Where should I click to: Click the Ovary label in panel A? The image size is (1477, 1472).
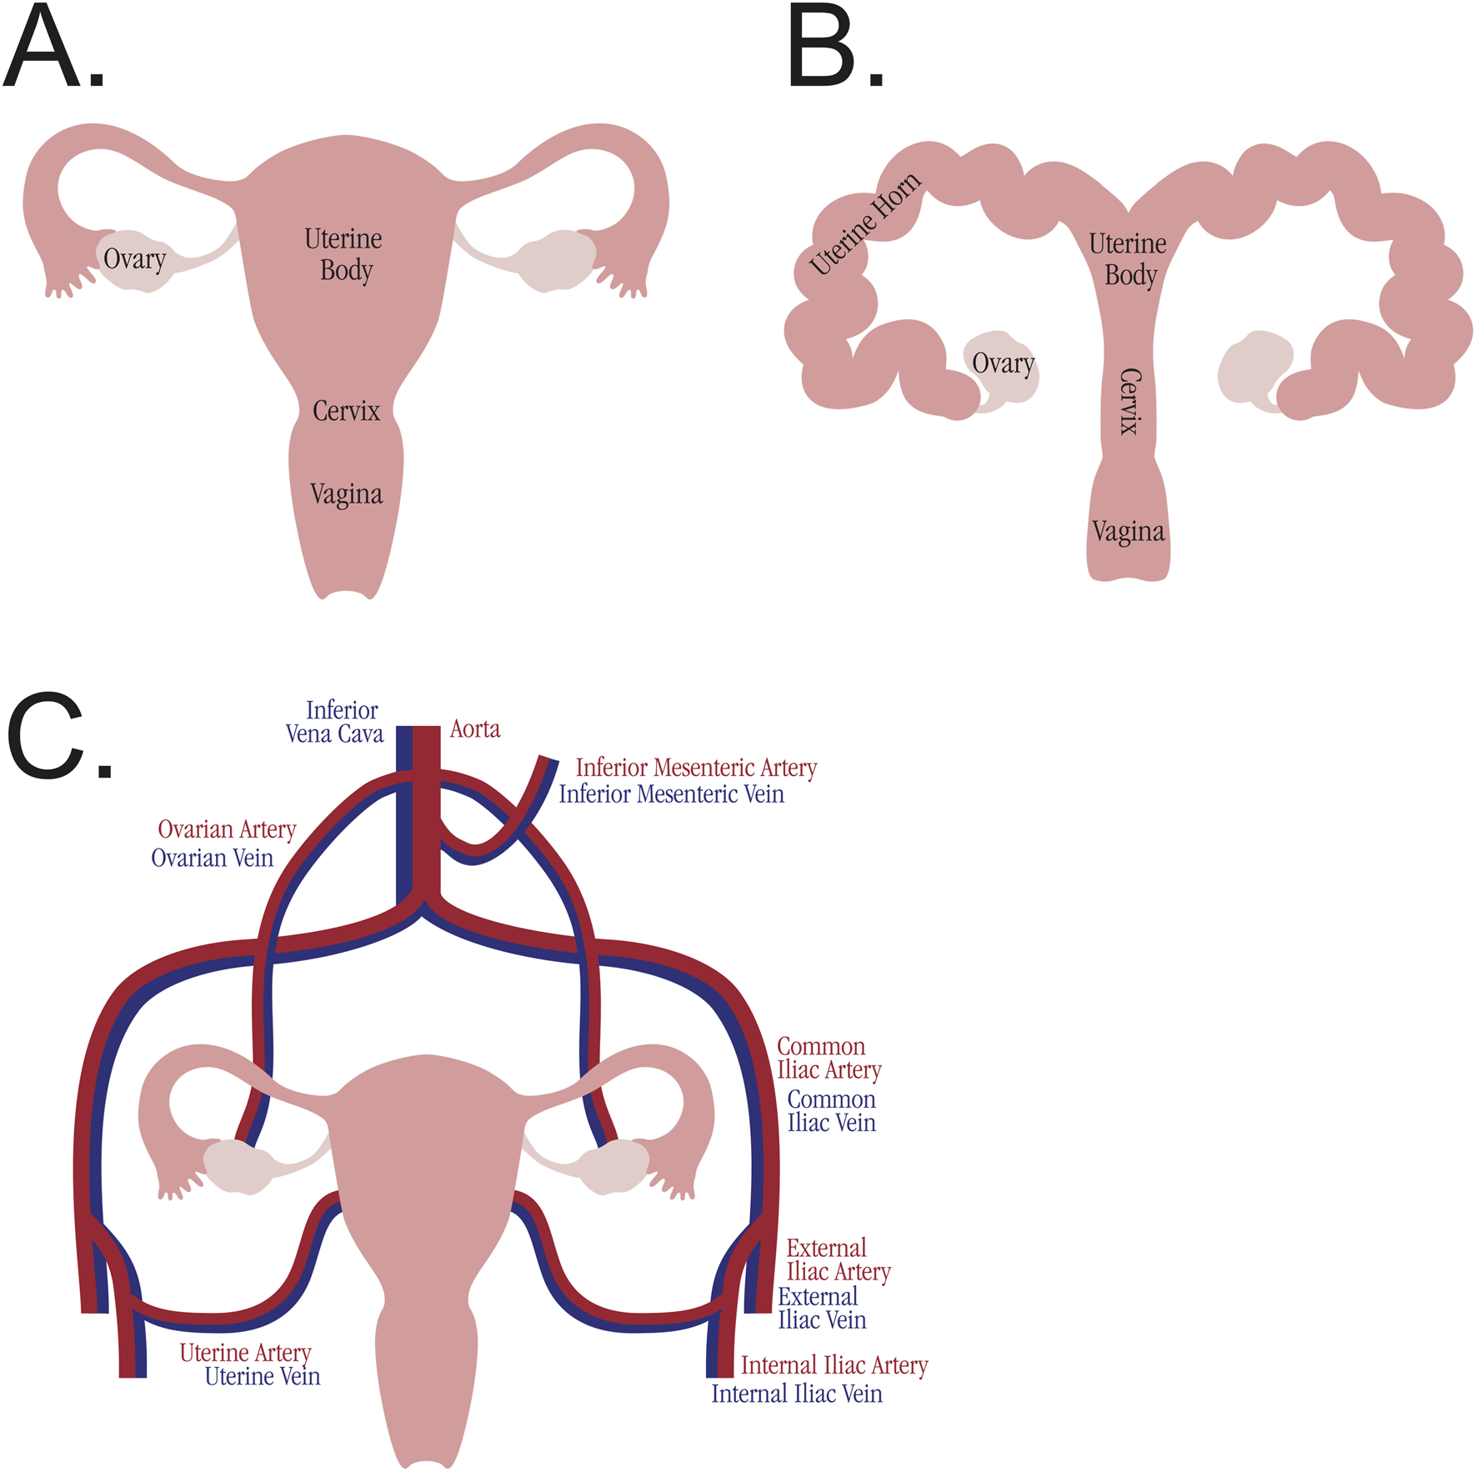[134, 259]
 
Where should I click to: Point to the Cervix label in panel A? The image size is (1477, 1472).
[346, 411]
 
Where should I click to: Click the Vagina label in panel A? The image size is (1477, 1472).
[346, 494]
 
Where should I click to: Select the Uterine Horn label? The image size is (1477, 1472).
[866, 223]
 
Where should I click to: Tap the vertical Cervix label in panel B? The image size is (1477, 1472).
[1129, 401]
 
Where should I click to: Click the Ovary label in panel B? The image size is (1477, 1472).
[1003, 363]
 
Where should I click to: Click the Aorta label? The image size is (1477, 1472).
[475, 729]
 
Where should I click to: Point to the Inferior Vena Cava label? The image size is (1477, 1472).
[335, 722]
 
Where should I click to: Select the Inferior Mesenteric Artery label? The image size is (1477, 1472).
[696, 768]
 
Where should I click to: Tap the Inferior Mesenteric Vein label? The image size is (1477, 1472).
[671, 794]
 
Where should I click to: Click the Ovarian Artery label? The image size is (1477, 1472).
[227, 829]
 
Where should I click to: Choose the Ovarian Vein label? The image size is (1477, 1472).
[212, 858]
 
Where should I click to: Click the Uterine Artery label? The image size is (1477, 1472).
[245, 1353]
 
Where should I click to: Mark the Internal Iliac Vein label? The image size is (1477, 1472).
[796, 1394]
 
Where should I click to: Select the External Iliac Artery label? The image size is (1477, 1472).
[838, 1259]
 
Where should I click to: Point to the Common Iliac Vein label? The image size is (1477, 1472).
[831, 1111]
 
